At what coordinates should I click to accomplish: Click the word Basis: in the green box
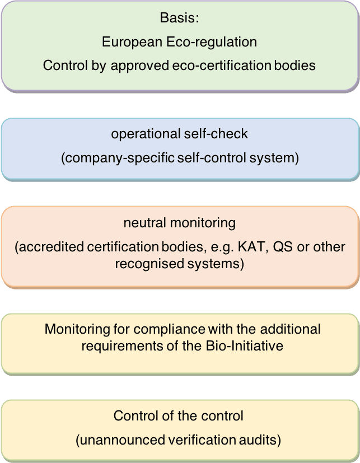click(179, 18)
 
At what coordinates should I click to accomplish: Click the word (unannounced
click(112, 440)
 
